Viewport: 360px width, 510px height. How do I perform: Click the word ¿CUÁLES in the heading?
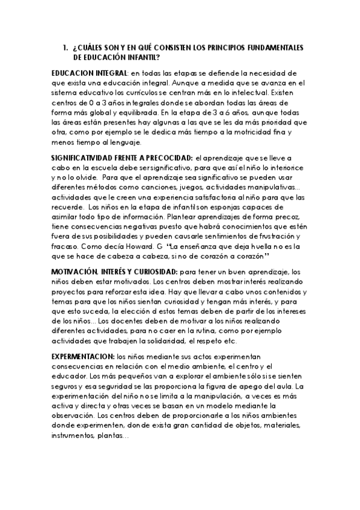88,48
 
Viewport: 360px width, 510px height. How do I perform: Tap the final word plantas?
112,437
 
